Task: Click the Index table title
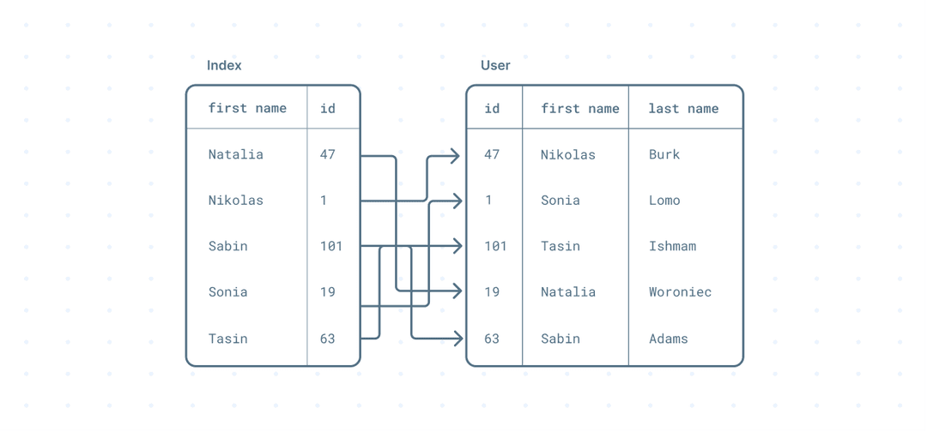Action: click(224, 65)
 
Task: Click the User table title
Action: click(495, 65)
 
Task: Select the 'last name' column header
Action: click(683, 109)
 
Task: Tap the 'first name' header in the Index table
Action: click(247, 109)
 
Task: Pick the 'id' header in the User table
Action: click(492, 109)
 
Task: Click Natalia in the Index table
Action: click(236, 154)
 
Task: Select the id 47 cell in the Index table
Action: click(328, 154)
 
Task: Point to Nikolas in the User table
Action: click(568, 154)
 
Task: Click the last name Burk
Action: click(664, 154)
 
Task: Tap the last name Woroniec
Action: click(680, 292)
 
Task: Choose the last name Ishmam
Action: click(672, 246)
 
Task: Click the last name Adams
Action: click(668, 339)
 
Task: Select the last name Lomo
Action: click(664, 201)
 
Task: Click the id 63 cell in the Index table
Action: click(328, 339)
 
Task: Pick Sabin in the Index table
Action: click(227, 246)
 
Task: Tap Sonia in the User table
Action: click(560, 201)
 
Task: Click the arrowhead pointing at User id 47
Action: click(455, 156)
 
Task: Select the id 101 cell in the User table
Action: click(495, 246)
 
